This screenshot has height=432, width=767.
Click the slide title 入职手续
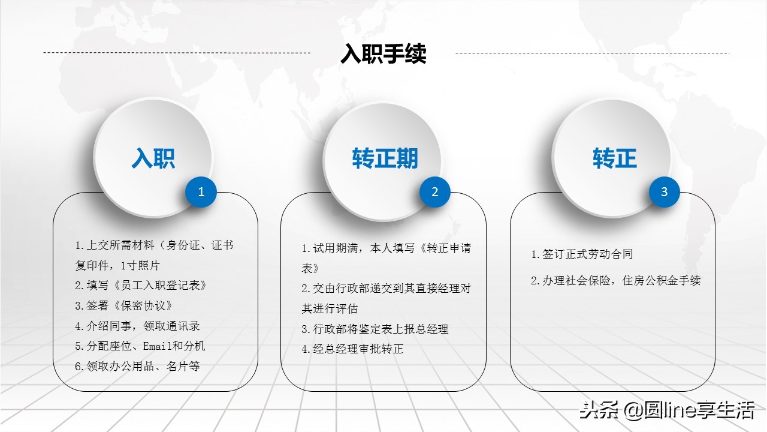[x=383, y=54]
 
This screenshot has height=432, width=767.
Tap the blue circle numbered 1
[x=201, y=192]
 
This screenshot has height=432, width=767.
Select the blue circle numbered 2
[x=435, y=192]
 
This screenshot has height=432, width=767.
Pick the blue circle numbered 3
[x=664, y=192]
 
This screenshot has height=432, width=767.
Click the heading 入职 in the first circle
[x=153, y=158]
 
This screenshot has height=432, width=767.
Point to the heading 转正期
[x=385, y=158]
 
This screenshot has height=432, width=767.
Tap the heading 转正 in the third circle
[x=615, y=158]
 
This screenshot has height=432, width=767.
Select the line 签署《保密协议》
[x=124, y=305]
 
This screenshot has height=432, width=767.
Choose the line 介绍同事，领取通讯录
[x=137, y=326]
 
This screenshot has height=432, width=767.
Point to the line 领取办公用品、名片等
[x=137, y=366]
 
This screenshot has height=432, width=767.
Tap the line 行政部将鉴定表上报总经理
[x=375, y=329]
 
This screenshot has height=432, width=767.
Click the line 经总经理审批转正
[x=352, y=349]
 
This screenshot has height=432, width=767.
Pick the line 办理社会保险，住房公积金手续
[x=615, y=280]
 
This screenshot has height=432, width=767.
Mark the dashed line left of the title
[x=177, y=53]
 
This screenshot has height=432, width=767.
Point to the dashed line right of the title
[x=592, y=53]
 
